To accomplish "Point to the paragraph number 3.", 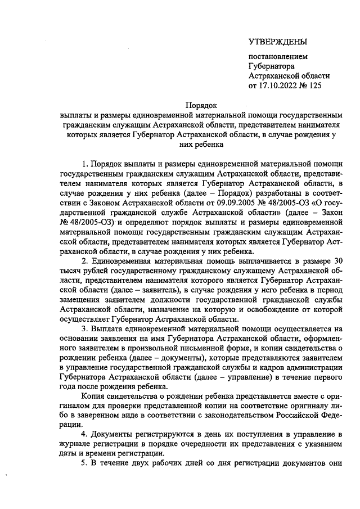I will (x=84, y=328).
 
